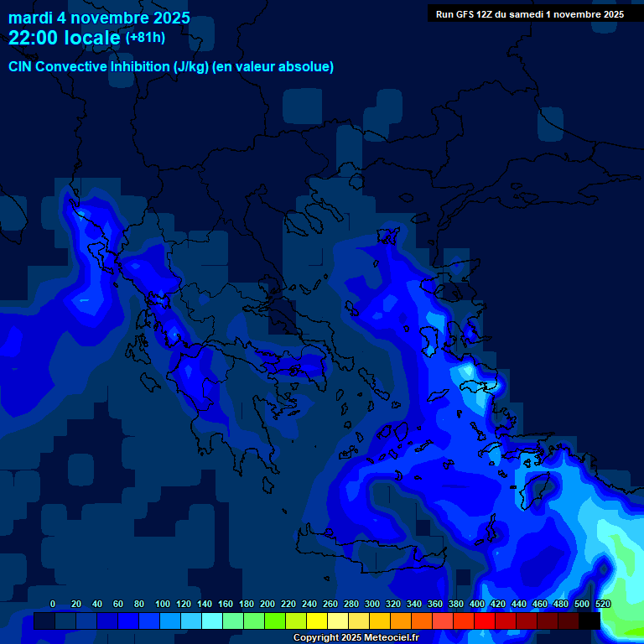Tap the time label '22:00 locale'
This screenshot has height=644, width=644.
tap(64, 38)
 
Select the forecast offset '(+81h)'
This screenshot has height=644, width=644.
tap(145, 38)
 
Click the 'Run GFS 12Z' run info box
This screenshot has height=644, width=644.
tap(529, 14)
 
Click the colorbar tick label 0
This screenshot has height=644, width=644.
tap(53, 604)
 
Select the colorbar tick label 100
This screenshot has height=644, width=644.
tap(163, 604)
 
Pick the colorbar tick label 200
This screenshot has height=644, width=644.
tap(267, 604)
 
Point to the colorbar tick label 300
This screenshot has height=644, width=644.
tap(372, 604)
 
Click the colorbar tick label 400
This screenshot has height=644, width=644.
tap(477, 604)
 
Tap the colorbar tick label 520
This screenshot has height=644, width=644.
tap(603, 604)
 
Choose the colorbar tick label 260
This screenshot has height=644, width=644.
tap(330, 604)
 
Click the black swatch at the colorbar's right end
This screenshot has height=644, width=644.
tap(589, 621)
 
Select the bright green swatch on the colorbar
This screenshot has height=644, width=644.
tap(274, 621)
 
